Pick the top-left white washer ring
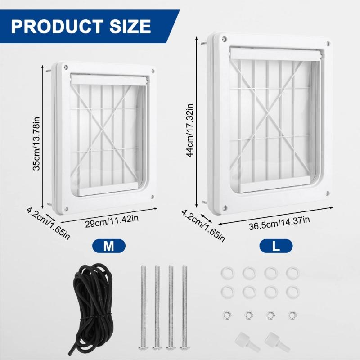[x=226, y=273]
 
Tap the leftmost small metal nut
[x=226, y=314]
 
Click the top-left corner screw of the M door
[x=66, y=67]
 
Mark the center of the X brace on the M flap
[x=104, y=130]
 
